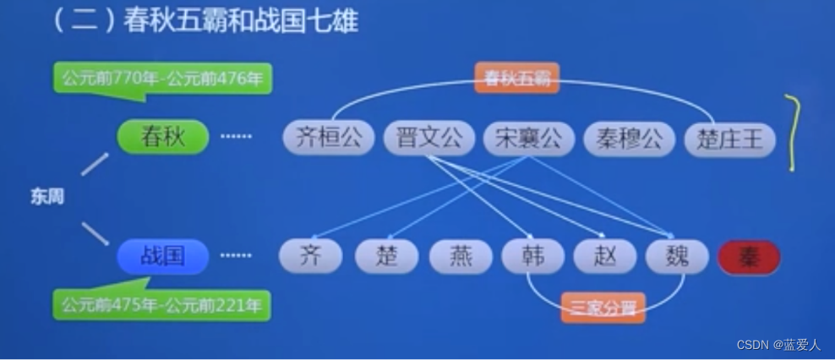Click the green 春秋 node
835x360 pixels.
[x=162, y=137]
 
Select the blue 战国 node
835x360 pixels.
[x=162, y=256]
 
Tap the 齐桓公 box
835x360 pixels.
[x=329, y=139]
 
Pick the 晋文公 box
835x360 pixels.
[x=429, y=139]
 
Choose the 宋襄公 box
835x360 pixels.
[x=528, y=139]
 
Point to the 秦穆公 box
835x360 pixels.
[x=629, y=139]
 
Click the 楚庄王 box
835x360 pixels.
[x=729, y=139]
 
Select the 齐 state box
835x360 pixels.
[x=311, y=256]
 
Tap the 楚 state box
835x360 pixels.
[x=386, y=256]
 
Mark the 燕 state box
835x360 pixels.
[x=461, y=256]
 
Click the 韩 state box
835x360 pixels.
[x=533, y=256]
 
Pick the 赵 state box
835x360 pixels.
[x=605, y=256]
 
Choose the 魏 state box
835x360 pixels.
[x=678, y=256]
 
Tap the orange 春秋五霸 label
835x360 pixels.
[x=517, y=79]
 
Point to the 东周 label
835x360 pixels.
[x=47, y=197]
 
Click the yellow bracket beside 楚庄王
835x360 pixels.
[x=793, y=134]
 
